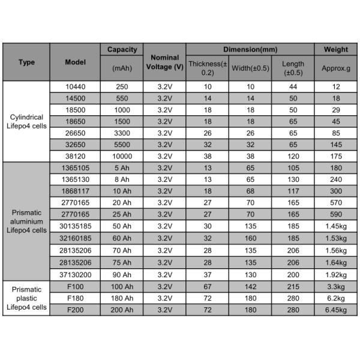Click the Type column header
[26, 62]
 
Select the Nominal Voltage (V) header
[164, 62]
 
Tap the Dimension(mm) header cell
[250, 49]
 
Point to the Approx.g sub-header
[336, 68]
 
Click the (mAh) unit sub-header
[122, 68]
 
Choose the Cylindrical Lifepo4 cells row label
[26, 121]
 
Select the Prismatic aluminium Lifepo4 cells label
[26, 221]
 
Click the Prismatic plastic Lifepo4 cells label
[26, 298]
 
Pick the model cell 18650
[75, 121]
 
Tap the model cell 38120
[75, 155]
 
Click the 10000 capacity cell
[122, 155]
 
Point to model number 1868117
[75, 190]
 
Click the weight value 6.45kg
[336, 310]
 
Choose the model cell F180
[75, 298]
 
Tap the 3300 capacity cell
[122, 133]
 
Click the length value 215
[293, 287]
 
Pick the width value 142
[250, 287]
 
